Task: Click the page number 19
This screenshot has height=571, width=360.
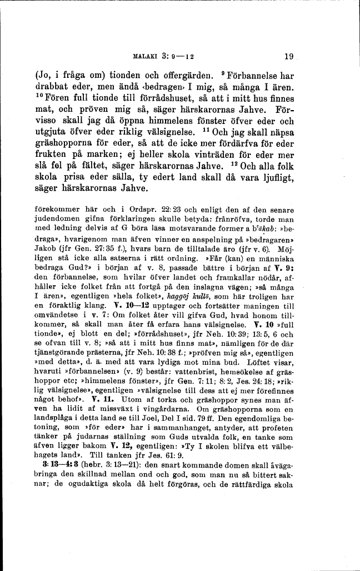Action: (288, 56)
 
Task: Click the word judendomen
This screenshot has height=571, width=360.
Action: (53, 220)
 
